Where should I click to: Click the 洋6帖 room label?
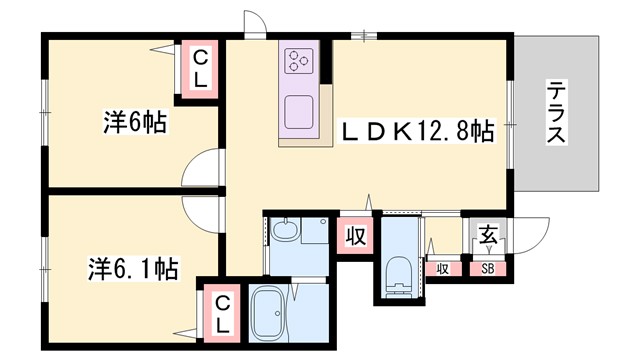(134, 124)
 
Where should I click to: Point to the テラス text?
(556, 114)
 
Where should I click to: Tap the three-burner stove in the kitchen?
(299, 60)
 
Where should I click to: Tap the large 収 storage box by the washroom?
(354, 236)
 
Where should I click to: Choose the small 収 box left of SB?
(442, 267)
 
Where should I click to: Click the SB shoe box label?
(489, 267)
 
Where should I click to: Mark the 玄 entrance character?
(489, 236)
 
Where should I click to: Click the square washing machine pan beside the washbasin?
(313, 231)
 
